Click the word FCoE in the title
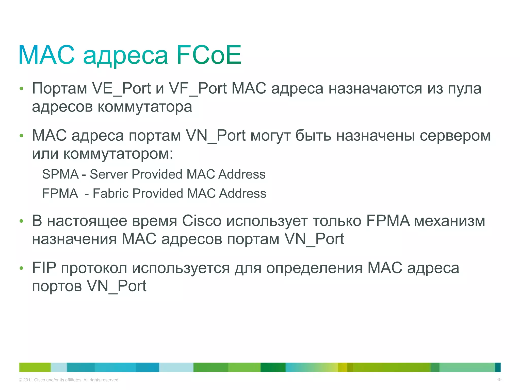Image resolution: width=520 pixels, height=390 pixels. (208, 55)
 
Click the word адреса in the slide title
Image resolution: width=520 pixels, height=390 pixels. (125, 56)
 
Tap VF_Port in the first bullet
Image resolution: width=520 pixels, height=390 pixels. (198, 89)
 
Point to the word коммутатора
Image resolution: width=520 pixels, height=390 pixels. (145, 107)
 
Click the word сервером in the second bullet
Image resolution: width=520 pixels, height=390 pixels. (455, 136)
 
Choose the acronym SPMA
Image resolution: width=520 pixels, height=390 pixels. (60, 174)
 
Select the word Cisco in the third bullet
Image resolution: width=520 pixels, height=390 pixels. (202, 221)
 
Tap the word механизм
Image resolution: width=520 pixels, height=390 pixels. (449, 221)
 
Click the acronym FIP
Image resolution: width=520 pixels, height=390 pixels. (44, 268)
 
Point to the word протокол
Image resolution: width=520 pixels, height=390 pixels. (94, 268)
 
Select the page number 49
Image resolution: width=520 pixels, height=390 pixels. (499, 380)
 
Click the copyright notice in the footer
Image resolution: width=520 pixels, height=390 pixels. (69, 380)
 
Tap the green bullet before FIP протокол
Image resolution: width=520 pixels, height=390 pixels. (21, 268)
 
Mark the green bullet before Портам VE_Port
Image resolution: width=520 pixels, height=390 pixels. (21, 89)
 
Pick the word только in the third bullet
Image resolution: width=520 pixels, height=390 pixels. (337, 221)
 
